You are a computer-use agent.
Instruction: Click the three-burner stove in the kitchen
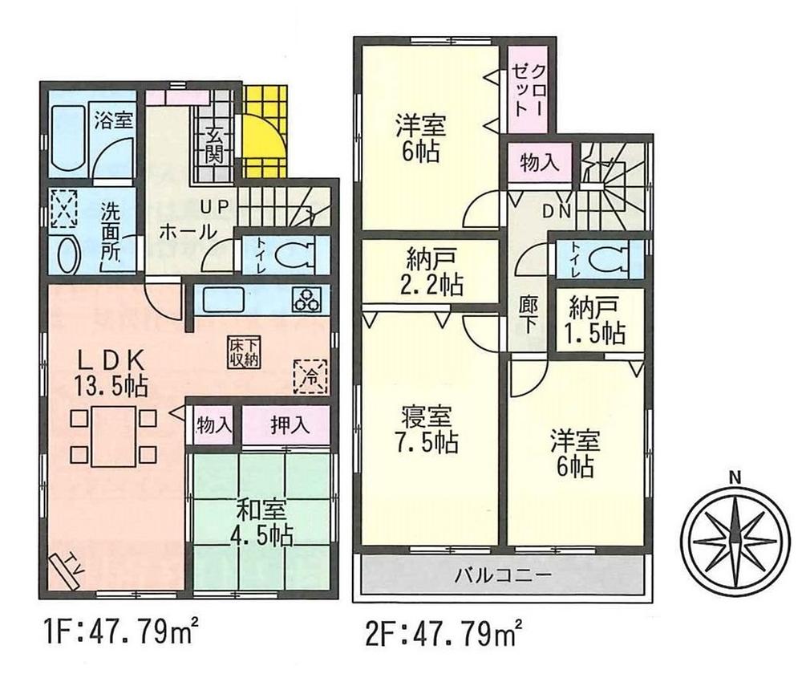point(308,300)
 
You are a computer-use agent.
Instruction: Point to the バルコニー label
point(503,575)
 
